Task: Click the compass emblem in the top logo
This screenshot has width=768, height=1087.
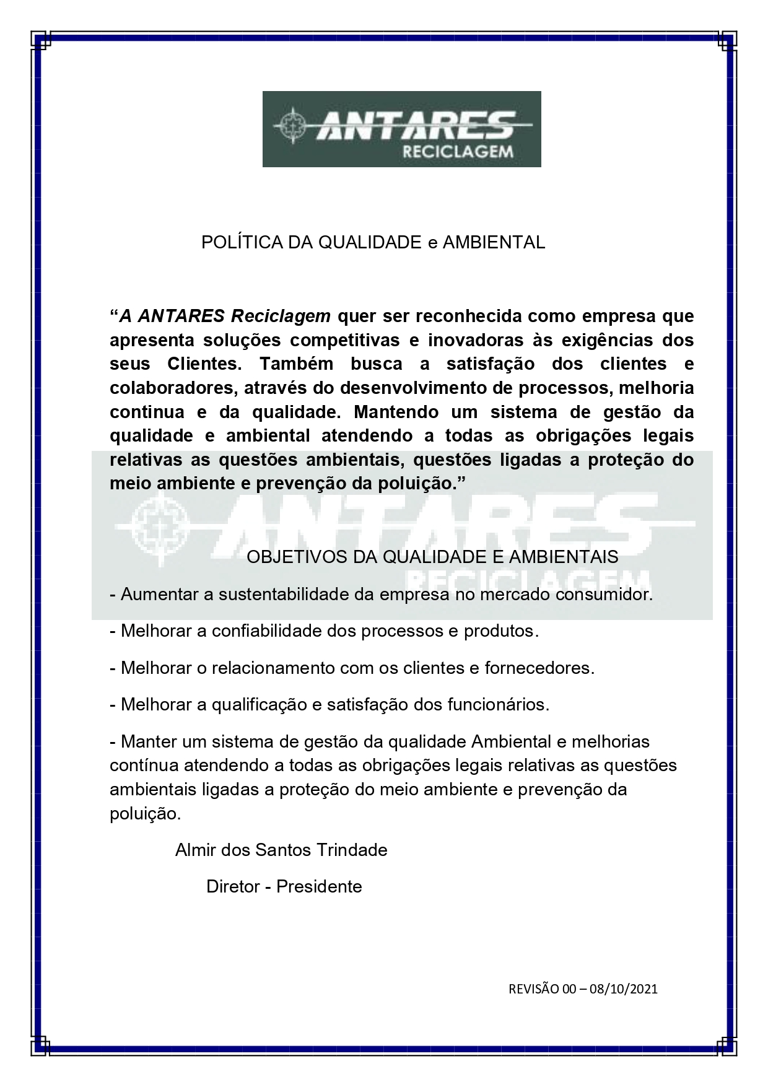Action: (290, 126)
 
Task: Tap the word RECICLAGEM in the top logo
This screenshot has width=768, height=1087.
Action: (458, 152)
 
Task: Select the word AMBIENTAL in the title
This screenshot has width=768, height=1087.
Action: (494, 243)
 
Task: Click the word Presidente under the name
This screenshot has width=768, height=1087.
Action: (319, 886)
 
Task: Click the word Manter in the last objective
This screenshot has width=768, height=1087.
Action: (148, 741)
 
